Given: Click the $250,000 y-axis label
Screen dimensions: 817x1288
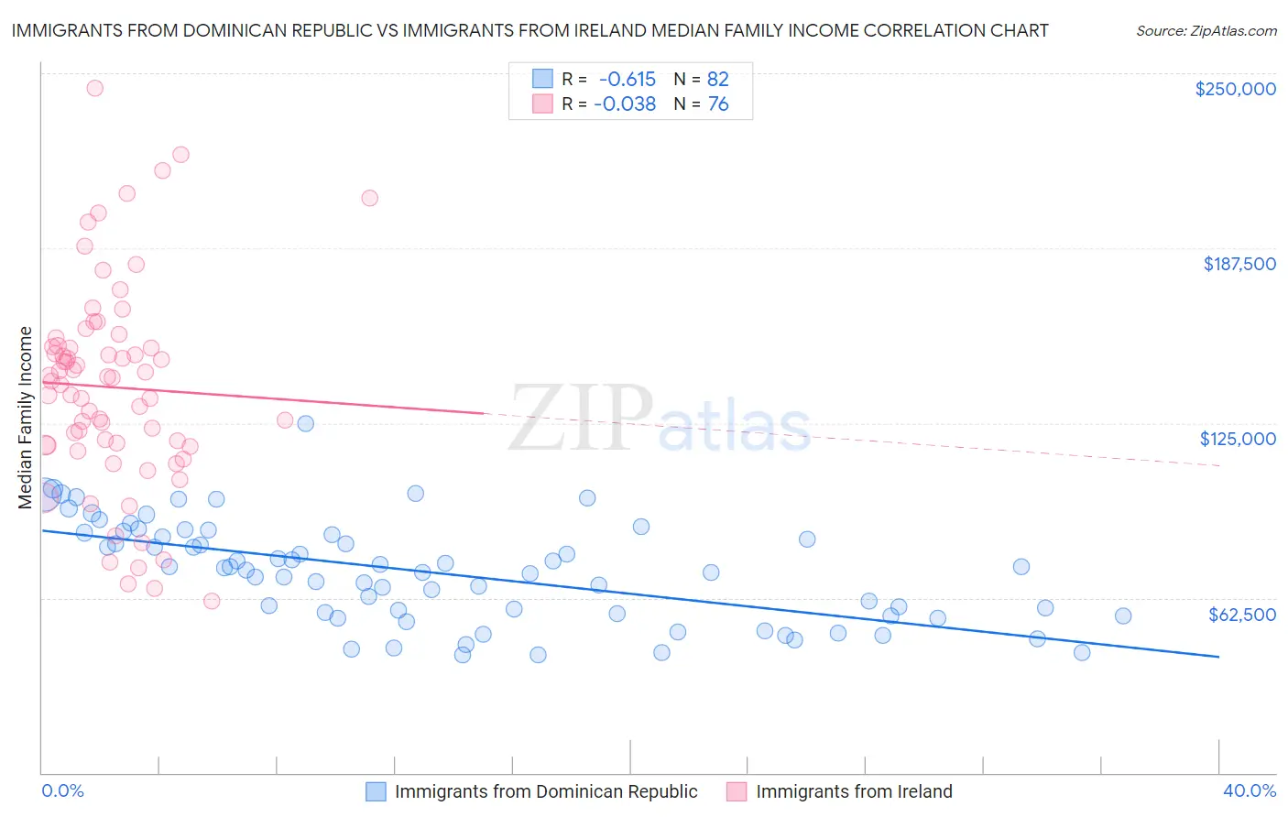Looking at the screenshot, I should pos(1235,89).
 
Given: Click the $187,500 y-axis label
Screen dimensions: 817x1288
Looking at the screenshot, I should pos(1239,264).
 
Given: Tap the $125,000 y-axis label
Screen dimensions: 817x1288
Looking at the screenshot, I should pos(1238,439).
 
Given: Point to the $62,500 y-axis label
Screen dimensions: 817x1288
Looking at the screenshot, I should pos(1241,615).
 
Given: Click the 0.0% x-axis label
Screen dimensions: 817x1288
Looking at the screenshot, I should pos(62,790).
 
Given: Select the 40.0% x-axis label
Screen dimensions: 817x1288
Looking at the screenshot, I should pos(1250,790).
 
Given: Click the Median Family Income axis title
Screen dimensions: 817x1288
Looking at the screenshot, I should pos(26,418).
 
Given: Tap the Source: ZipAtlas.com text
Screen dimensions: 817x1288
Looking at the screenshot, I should pos(1206,30).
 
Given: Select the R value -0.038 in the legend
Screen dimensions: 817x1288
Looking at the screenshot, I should pos(625,104).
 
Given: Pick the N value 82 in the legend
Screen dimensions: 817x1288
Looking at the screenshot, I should pos(717,79).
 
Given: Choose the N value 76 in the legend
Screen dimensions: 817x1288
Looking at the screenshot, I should pos(717,104).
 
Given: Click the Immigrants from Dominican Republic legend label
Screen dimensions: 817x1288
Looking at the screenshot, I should pos(545,791).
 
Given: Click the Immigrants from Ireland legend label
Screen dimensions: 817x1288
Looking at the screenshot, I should pos(854,791).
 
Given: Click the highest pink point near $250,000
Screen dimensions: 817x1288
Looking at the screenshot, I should pos(94,88).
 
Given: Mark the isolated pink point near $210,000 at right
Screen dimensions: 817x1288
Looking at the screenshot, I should pos(369,198).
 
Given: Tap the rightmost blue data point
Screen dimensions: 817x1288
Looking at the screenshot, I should pos(1123,615).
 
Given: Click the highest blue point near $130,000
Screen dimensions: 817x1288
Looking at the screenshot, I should pos(306,423).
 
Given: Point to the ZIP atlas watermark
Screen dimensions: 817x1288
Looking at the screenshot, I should pos(660,419).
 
